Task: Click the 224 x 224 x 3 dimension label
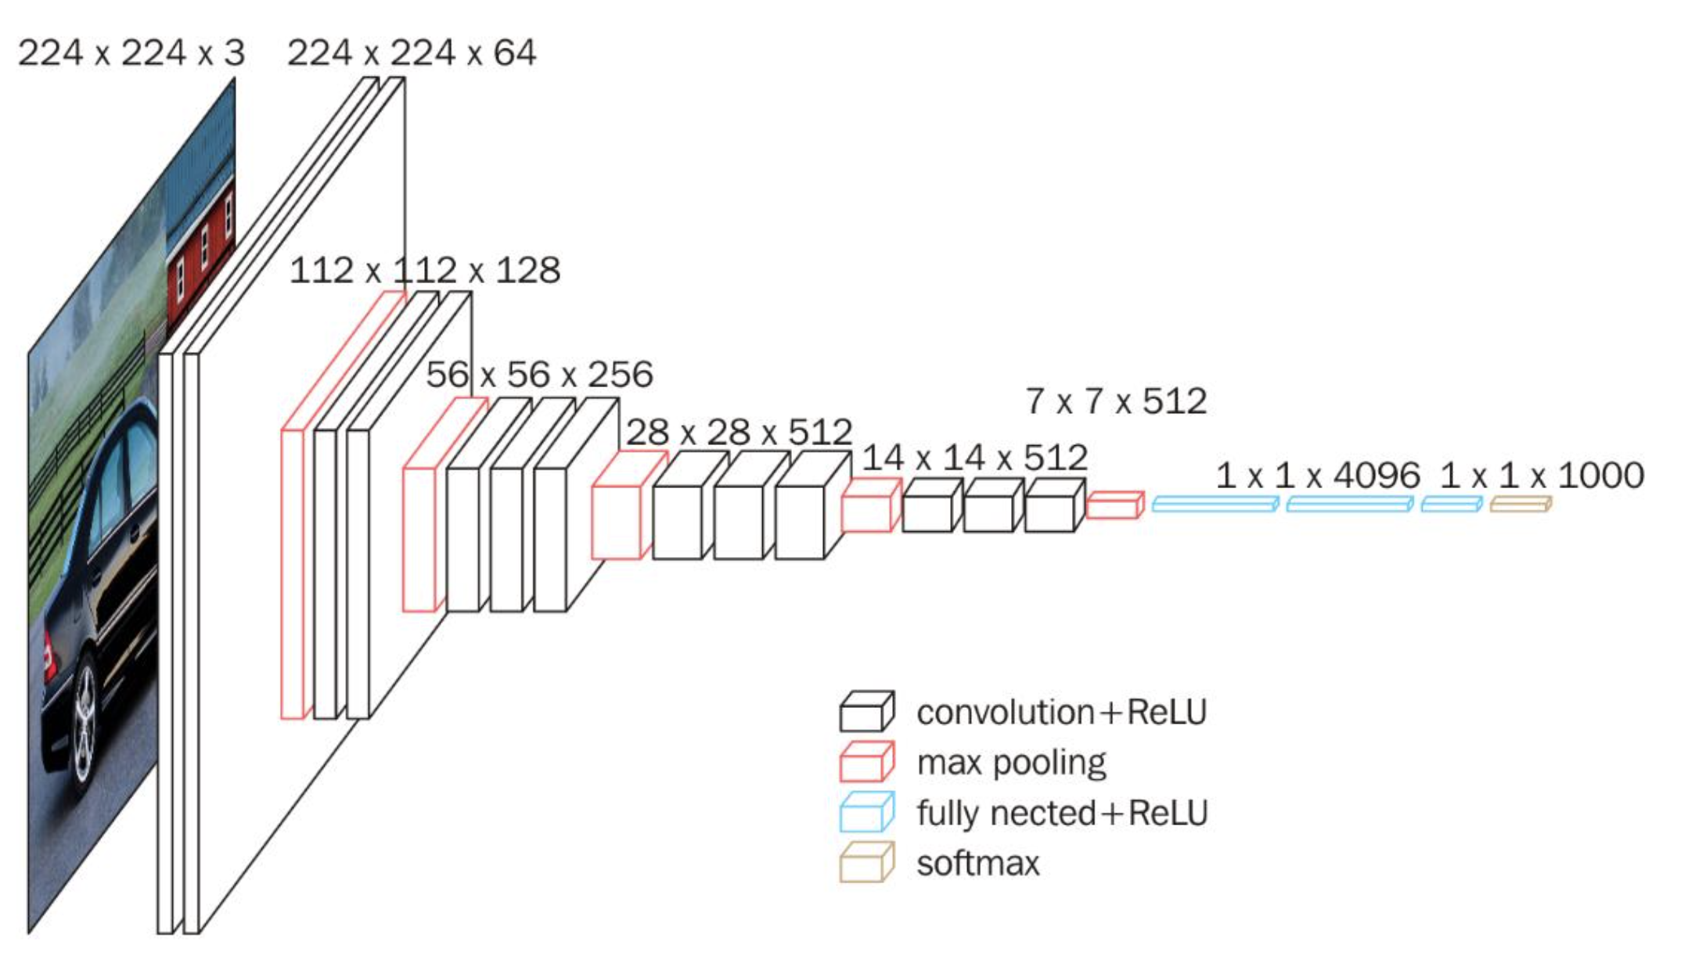[131, 53]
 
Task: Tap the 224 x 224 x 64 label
[412, 53]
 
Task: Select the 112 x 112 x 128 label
[425, 271]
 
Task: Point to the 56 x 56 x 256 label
[539, 375]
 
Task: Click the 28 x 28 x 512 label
[739, 432]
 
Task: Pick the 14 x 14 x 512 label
[974, 458]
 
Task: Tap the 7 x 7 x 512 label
[1116, 401]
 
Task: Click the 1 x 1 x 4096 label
[1318, 476]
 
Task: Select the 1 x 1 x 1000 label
[1542, 476]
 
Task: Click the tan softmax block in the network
[1520, 505]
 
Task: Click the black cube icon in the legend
[866, 711]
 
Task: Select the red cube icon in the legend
[866, 762]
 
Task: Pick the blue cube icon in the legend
[866, 813]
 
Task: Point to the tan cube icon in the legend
[866, 862]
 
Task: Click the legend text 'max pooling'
[1011, 763]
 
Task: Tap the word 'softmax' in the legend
[978, 864]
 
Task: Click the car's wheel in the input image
[85, 724]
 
